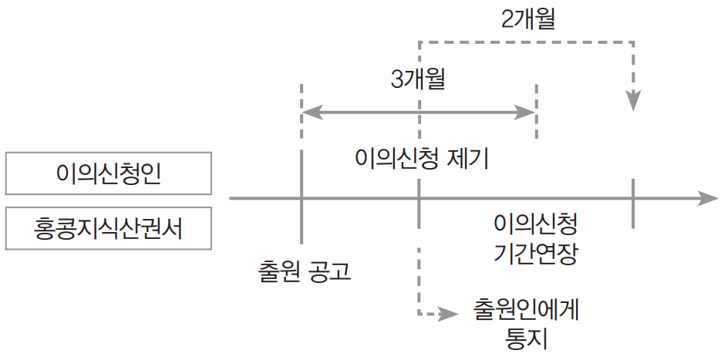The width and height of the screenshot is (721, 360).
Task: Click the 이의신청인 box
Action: click(x=108, y=173)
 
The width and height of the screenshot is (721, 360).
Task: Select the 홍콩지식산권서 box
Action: click(x=108, y=228)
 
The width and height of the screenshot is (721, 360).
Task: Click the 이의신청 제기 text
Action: click(x=421, y=159)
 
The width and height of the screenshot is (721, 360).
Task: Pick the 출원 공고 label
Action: click(x=305, y=271)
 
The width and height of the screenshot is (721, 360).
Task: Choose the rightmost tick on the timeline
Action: click(x=633, y=202)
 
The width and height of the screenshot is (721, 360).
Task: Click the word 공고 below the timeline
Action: click(x=328, y=271)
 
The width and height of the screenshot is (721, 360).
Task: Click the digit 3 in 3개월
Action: click(x=397, y=80)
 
